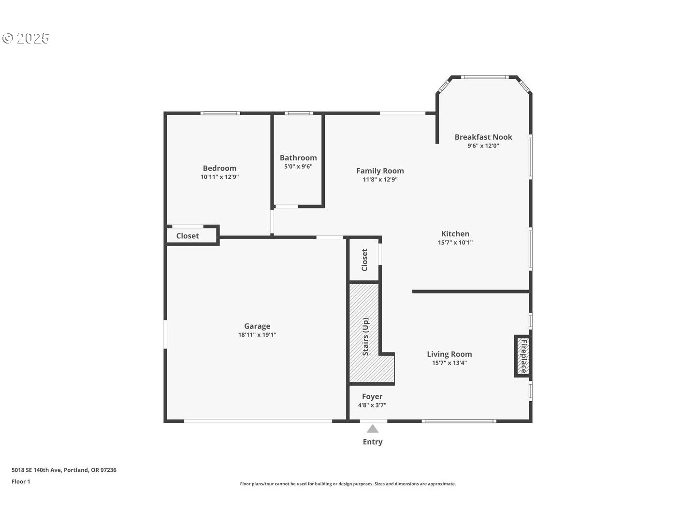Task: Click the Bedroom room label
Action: [x=219, y=168]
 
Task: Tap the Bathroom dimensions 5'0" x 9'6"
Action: [x=298, y=166]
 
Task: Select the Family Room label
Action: [x=380, y=171]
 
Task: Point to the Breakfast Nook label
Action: [x=483, y=137]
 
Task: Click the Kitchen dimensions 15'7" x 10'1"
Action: [x=455, y=243]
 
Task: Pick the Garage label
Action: [x=257, y=326]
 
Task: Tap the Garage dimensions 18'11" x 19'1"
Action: [x=257, y=335]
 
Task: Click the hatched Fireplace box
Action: [x=522, y=356]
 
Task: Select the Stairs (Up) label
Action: [x=365, y=337]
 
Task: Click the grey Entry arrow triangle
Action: [x=372, y=429]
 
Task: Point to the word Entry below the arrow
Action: [x=372, y=442]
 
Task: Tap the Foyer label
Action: [x=372, y=396]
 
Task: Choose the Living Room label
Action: [x=449, y=354]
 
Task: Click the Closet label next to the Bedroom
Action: [x=188, y=236]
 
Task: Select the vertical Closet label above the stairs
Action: [x=364, y=260]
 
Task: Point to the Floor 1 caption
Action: [x=21, y=481]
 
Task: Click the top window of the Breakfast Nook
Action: [x=484, y=77]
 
